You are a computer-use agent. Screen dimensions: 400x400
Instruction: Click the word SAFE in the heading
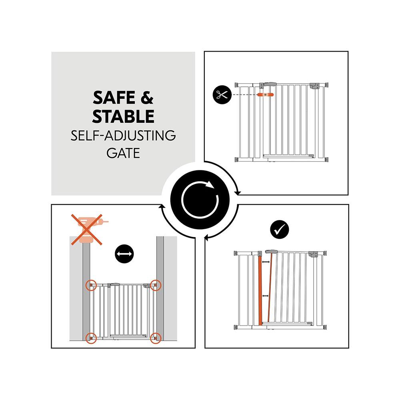[x=114, y=98]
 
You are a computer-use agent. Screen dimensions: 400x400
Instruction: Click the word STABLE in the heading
[x=123, y=116]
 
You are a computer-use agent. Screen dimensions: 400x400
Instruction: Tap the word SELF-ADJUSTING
[x=123, y=135]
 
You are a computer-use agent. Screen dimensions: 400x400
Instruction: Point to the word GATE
[x=123, y=153]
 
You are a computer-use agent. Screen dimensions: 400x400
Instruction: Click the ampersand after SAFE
[x=147, y=98]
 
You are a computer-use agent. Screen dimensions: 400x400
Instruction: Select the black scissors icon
[x=222, y=95]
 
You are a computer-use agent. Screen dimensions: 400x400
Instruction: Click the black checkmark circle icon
[x=279, y=230]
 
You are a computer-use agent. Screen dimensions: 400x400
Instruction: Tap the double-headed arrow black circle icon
[x=124, y=254]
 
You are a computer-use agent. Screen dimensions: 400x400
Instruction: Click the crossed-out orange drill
[x=87, y=230]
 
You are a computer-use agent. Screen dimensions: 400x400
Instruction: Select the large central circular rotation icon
[x=200, y=200]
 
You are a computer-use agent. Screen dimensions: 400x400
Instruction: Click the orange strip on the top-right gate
[x=265, y=95]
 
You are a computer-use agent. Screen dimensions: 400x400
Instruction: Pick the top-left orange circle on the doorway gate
[x=91, y=285]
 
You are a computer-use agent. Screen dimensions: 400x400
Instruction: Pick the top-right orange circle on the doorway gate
[x=156, y=285]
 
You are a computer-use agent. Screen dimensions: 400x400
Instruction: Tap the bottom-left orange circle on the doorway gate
[x=91, y=338]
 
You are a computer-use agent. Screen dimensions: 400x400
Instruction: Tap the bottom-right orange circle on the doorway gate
[x=156, y=338]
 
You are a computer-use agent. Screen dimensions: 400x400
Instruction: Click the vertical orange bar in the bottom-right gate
[x=260, y=291]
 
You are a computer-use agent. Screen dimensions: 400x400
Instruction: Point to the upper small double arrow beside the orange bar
[x=266, y=262]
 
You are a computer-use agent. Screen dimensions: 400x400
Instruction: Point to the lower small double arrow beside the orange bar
[x=266, y=296]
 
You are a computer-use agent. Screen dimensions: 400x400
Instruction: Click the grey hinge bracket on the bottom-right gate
[x=313, y=254]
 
